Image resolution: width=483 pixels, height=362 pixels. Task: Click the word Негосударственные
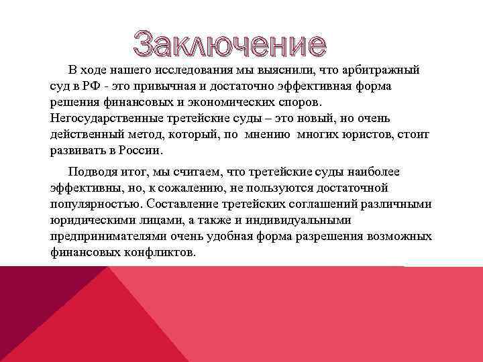point(101,118)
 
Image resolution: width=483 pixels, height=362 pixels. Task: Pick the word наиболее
point(371,172)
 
